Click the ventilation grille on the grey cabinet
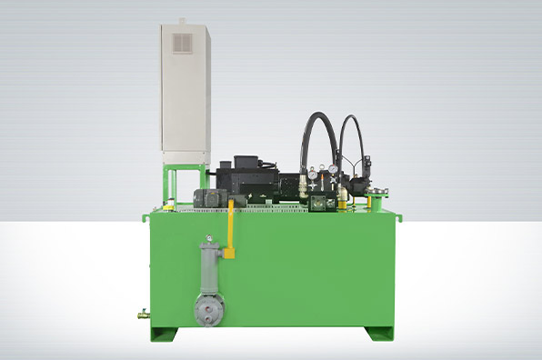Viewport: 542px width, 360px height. pyautogui.click(x=183, y=43)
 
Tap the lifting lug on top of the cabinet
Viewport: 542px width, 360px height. pyautogui.click(x=182, y=19)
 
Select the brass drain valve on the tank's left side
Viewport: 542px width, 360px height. pyautogui.click(x=144, y=315)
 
